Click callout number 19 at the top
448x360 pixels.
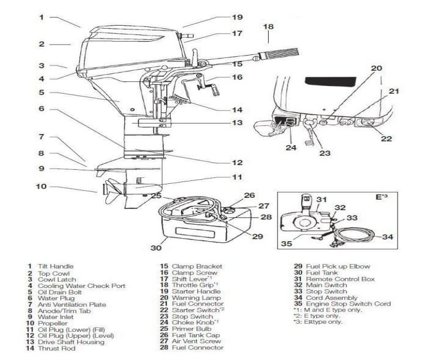coord(236,17)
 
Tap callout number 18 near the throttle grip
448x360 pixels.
coord(268,27)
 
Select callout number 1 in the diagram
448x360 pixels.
coord(41,17)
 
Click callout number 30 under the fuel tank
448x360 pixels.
coord(155,248)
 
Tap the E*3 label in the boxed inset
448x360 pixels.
coord(381,197)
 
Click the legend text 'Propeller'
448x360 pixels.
coord(53,323)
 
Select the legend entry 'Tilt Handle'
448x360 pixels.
coord(56,266)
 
